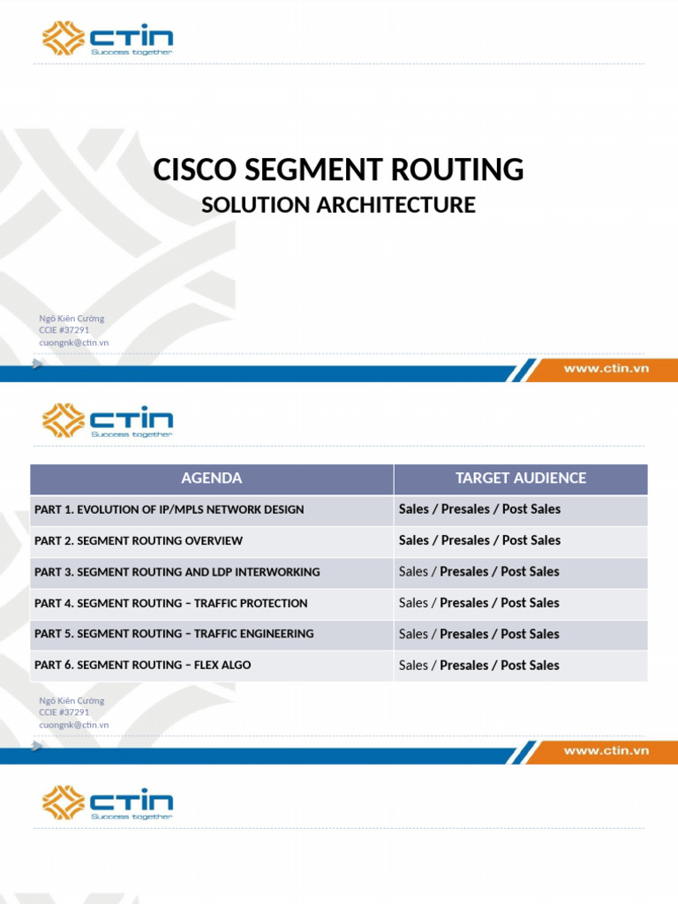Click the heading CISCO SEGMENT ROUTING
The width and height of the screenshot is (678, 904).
338,169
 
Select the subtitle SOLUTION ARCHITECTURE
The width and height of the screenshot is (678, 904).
338,205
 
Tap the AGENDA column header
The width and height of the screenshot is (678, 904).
211,478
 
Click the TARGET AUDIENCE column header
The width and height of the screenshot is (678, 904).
520,478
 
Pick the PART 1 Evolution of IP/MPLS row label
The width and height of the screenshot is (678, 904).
169,509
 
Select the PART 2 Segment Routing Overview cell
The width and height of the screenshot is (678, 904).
139,540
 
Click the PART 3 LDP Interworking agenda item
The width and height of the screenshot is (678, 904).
177,572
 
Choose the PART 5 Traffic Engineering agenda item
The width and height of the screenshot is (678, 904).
174,634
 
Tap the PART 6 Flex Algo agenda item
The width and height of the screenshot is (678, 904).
142,665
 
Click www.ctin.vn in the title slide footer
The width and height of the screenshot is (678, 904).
606,369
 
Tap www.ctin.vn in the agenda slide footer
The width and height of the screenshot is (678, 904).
606,751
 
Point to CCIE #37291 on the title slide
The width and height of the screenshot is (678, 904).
64,330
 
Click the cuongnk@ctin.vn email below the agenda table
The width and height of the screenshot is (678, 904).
74,725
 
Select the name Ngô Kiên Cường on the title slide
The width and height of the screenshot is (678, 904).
72,319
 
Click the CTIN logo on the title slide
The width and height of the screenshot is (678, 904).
108,38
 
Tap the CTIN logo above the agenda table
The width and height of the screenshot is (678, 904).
108,420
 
